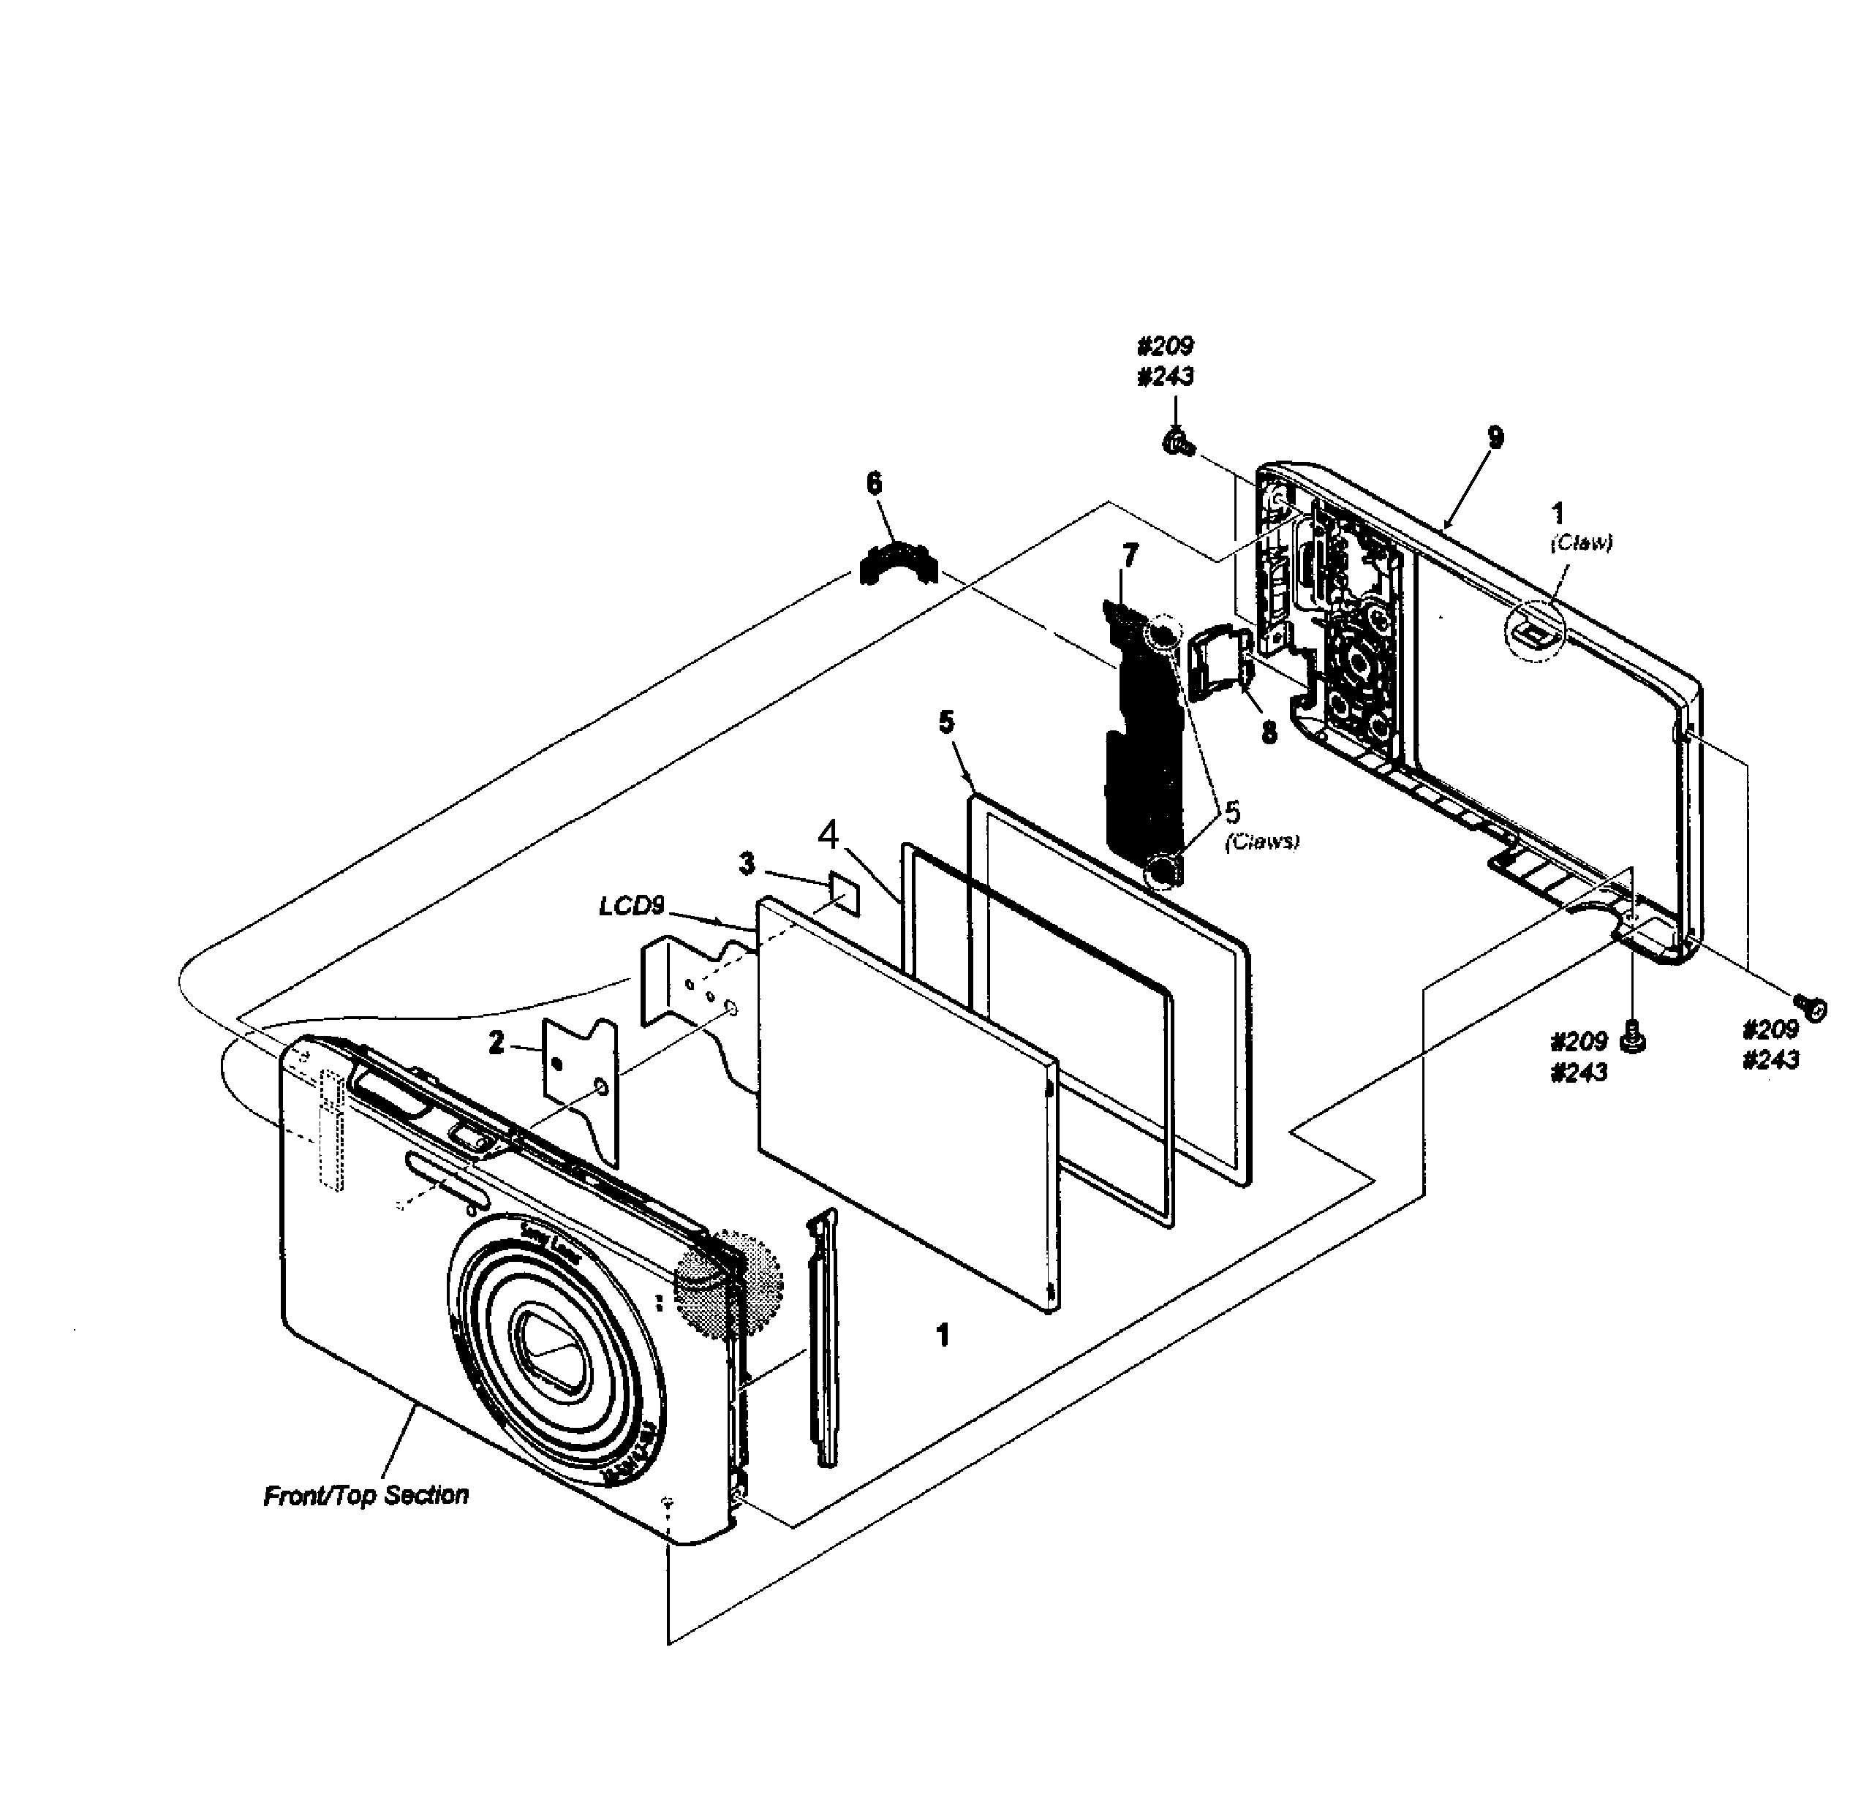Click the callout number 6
pos(874,483)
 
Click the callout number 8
pos(1269,732)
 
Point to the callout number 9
pos(1495,438)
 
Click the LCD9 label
pos(632,905)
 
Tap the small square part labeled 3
pos(844,891)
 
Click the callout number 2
pos(496,1043)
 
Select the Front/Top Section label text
pos(366,1494)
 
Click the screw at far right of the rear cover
pos(1810,1006)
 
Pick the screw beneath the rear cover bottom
pos(1632,1036)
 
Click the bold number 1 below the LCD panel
pos(943,1335)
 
